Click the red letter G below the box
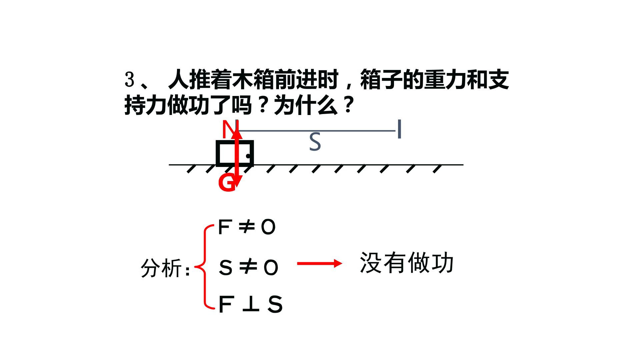click(227, 183)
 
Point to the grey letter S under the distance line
click(315, 142)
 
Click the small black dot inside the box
click(248, 156)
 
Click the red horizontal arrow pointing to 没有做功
click(319, 264)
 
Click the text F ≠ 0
click(247, 227)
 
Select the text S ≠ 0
click(248, 267)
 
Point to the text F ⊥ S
click(251, 304)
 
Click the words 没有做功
click(407, 263)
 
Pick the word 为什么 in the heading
click(305, 106)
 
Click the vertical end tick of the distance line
click(399, 129)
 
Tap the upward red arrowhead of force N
click(237, 133)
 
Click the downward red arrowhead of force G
click(237, 182)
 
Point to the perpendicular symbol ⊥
click(251, 304)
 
